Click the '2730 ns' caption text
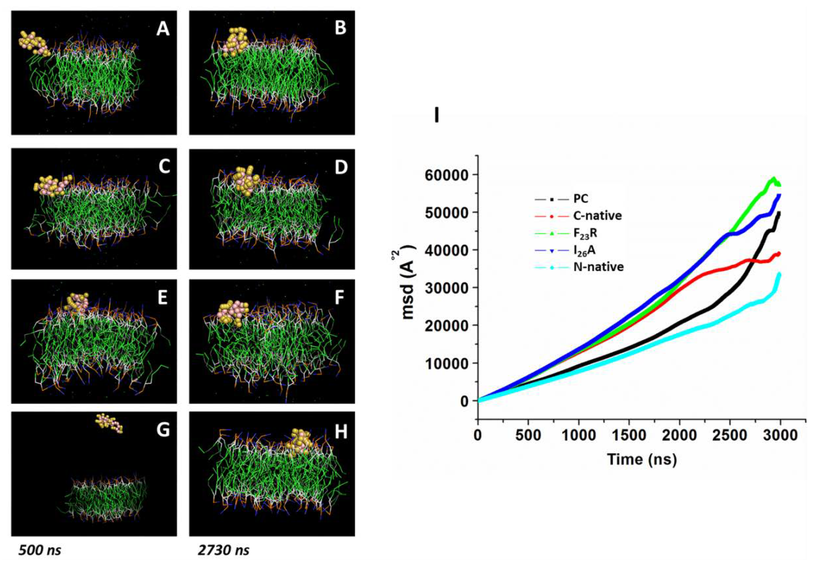[223, 550]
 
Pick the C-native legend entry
[597, 216]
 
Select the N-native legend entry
[598, 267]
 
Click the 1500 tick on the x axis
[629, 436]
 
